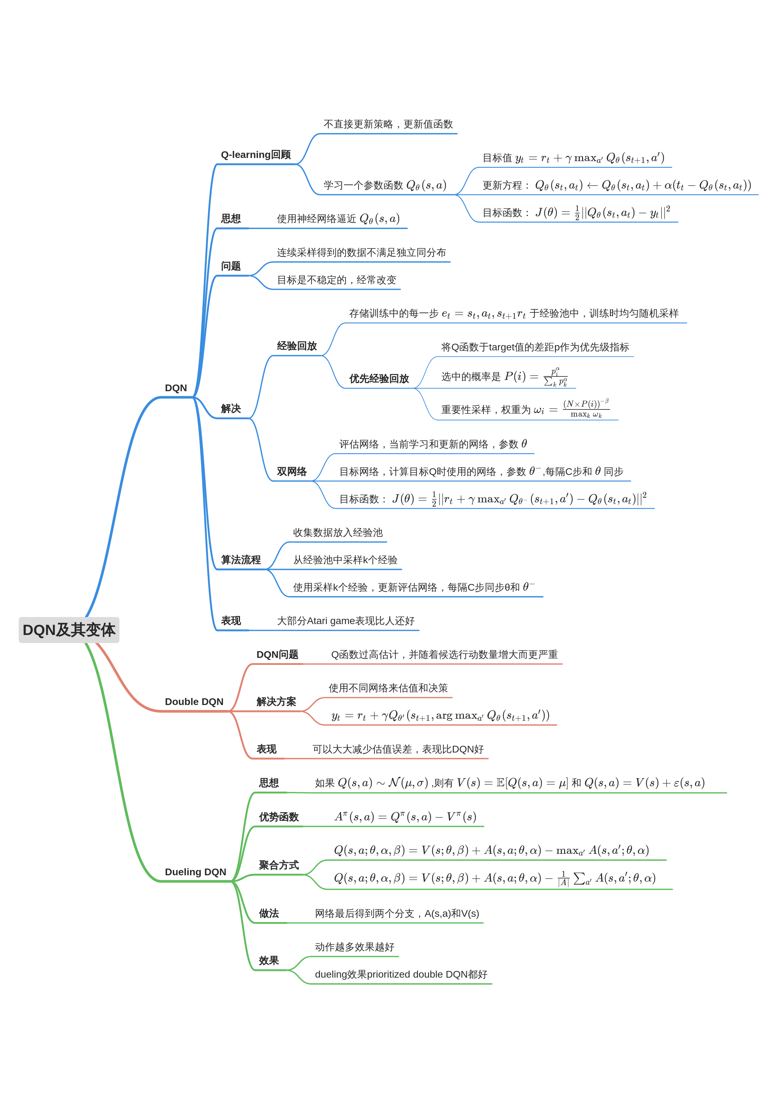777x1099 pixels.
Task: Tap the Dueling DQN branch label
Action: click(195, 872)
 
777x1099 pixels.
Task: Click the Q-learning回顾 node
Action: click(255, 154)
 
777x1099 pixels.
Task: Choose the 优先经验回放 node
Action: click(379, 379)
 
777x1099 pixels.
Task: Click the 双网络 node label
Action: click(292, 471)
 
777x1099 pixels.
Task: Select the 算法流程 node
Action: click(241, 560)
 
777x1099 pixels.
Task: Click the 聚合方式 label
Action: click(279, 865)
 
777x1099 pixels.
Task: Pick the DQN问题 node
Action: click(277, 654)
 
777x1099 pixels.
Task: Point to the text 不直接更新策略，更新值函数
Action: click(388, 124)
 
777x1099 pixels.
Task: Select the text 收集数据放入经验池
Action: click(337, 532)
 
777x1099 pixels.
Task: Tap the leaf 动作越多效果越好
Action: click(354, 947)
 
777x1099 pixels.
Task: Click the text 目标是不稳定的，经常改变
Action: click(336, 280)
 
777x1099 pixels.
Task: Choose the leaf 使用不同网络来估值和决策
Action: click(388, 688)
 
